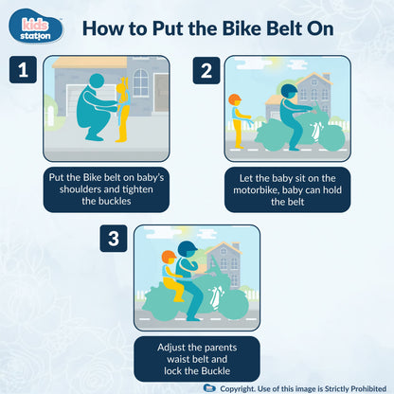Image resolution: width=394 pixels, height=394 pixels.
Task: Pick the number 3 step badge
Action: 114,240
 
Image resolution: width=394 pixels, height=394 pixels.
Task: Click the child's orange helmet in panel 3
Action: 169,256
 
